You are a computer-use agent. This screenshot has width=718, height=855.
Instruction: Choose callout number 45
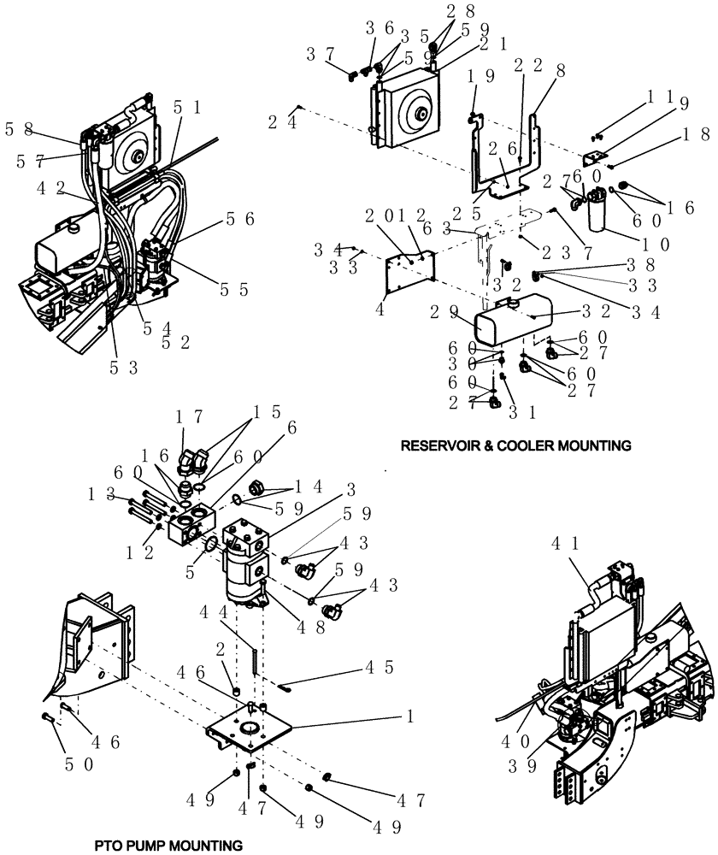tap(379, 665)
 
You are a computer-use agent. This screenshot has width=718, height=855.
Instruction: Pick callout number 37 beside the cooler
tap(322, 56)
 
